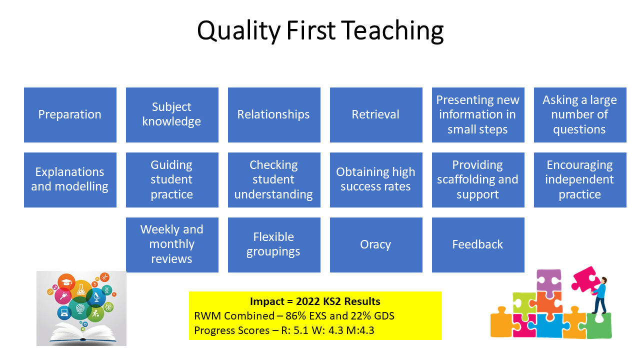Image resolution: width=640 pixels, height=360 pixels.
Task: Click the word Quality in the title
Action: point(239,31)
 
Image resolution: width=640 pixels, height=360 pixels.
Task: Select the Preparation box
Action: point(70,115)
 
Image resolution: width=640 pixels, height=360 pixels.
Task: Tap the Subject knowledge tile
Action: point(172,115)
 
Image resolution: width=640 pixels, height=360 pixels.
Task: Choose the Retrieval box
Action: point(376,115)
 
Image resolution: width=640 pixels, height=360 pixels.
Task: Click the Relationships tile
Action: point(274,115)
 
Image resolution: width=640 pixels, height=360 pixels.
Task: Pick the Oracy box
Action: point(376,245)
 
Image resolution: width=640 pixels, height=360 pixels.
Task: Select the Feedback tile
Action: point(478,245)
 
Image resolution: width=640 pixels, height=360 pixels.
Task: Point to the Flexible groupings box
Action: point(274,245)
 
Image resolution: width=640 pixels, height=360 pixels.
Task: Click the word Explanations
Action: point(69,172)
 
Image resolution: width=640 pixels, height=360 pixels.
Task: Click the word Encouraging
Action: point(579,165)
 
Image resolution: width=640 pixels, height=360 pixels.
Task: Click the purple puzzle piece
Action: point(549,280)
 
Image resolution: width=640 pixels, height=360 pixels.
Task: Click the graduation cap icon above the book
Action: point(66,282)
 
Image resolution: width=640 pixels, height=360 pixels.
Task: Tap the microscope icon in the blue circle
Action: point(96,297)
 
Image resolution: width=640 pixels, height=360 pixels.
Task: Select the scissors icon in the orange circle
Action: point(104,277)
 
